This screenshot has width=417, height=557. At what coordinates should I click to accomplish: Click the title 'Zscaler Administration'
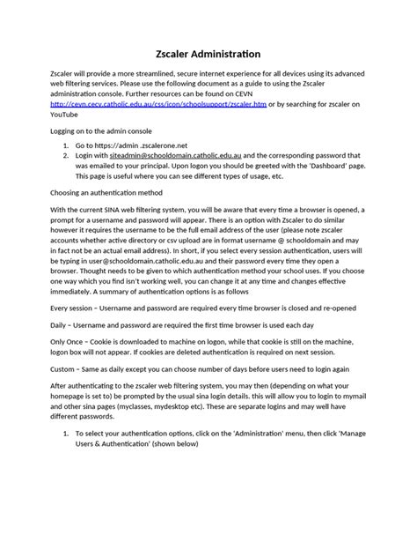click(208, 53)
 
